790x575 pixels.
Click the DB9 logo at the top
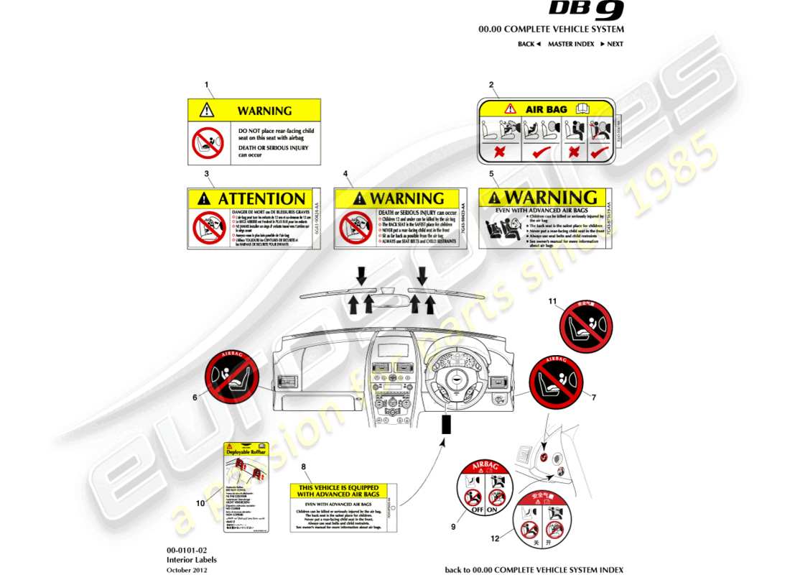point(586,10)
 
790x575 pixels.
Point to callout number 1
point(207,85)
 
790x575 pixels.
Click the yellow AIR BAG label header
point(547,109)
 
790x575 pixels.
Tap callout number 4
point(345,174)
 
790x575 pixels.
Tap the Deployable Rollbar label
point(246,452)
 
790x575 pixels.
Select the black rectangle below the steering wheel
point(446,425)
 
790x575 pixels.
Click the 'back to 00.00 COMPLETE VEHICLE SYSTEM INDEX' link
point(534,570)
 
